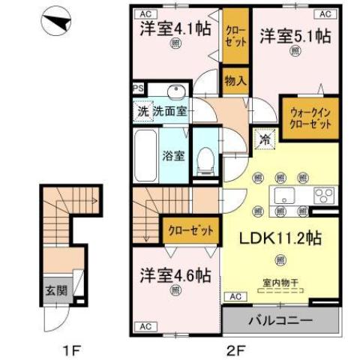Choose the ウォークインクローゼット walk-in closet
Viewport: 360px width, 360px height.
click(x=309, y=115)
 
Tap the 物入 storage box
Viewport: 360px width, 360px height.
click(x=235, y=79)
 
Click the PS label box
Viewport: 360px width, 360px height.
click(x=138, y=88)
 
